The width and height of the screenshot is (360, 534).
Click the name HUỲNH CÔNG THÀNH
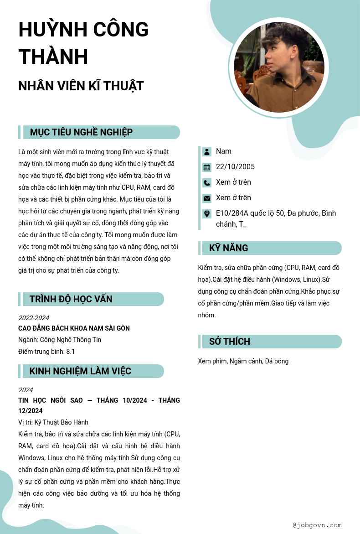[x=83, y=43]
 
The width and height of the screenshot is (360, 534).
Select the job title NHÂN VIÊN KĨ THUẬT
[x=81, y=86]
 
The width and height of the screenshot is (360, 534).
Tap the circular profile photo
[x=278, y=68]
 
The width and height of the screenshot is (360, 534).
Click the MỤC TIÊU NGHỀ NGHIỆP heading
[x=81, y=132]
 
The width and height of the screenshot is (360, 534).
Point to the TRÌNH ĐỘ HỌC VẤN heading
[x=71, y=299]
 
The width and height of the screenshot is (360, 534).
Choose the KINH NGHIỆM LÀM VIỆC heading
[x=80, y=371]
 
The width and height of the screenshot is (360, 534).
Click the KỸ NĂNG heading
[x=229, y=248]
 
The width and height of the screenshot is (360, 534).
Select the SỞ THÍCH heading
[x=230, y=342]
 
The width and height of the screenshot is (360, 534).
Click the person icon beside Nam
[x=207, y=151]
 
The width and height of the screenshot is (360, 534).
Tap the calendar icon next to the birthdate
[x=207, y=167]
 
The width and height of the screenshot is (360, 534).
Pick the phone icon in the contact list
[x=207, y=182]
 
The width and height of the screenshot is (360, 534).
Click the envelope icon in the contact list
[x=207, y=198]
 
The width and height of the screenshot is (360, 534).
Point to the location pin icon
[x=207, y=213]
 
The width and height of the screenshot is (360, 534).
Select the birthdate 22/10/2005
[x=235, y=167]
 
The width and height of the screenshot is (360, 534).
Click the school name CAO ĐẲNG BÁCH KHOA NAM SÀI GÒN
[x=74, y=328]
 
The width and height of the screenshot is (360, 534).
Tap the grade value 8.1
[x=71, y=352]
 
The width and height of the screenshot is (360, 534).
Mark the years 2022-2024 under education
[x=34, y=318]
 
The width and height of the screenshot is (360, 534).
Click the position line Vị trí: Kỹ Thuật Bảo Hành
[x=53, y=422]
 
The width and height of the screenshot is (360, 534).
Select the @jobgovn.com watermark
[x=317, y=525]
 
